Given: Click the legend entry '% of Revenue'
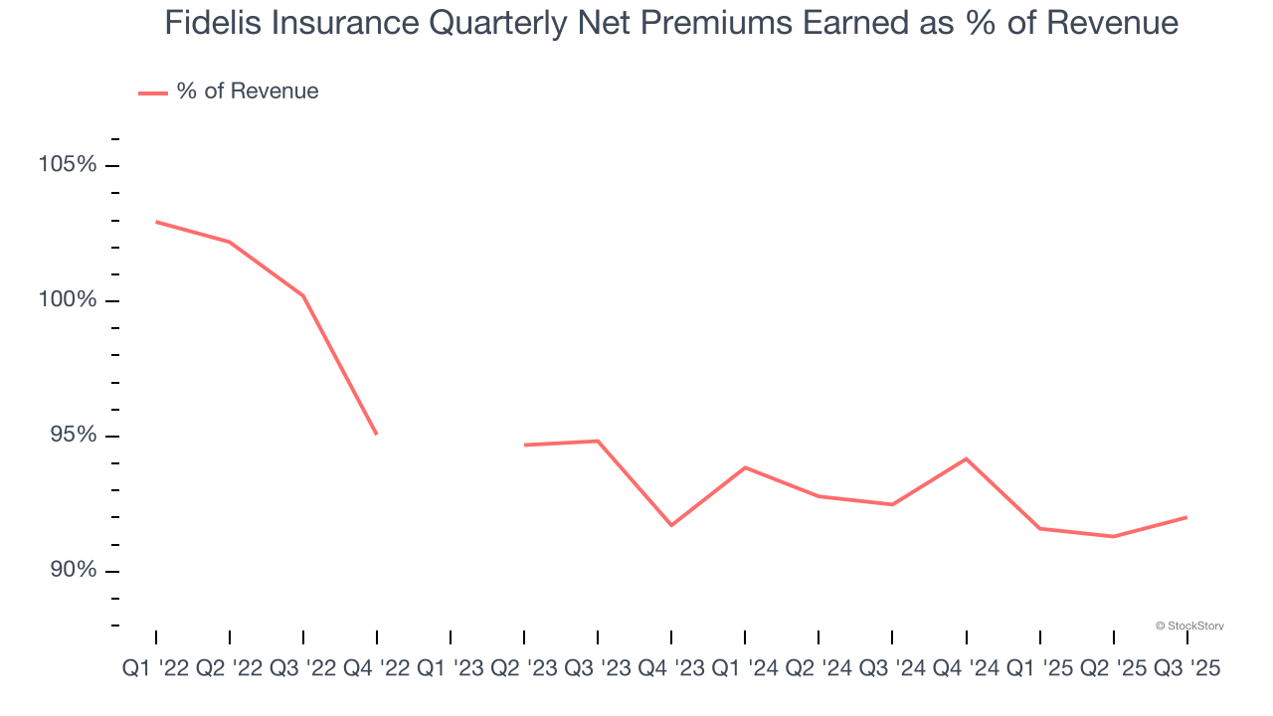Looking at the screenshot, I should (x=247, y=91).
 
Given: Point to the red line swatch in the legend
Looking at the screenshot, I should (x=152, y=92).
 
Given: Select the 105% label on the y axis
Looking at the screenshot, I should (x=68, y=164).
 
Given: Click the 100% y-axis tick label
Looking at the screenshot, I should (x=68, y=299).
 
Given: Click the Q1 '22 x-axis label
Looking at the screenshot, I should (x=156, y=669).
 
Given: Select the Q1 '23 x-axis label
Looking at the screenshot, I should (x=451, y=669).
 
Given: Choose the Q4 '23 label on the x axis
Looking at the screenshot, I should (x=671, y=669).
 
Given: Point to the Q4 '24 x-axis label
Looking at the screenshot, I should (x=966, y=669).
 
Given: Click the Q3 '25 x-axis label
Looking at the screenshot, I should (x=1185, y=669).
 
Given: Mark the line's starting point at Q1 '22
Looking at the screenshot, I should (x=156, y=222).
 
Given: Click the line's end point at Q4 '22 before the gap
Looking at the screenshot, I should (x=377, y=435).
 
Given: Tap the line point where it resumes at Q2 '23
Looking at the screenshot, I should (x=524, y=445).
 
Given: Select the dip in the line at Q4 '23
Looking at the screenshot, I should (x=671, y=525).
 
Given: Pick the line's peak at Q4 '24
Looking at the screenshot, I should (x=966, y=458).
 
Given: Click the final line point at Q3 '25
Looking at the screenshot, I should (x=1186, y=517).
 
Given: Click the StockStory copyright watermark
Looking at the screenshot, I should (x=1189, y=626).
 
